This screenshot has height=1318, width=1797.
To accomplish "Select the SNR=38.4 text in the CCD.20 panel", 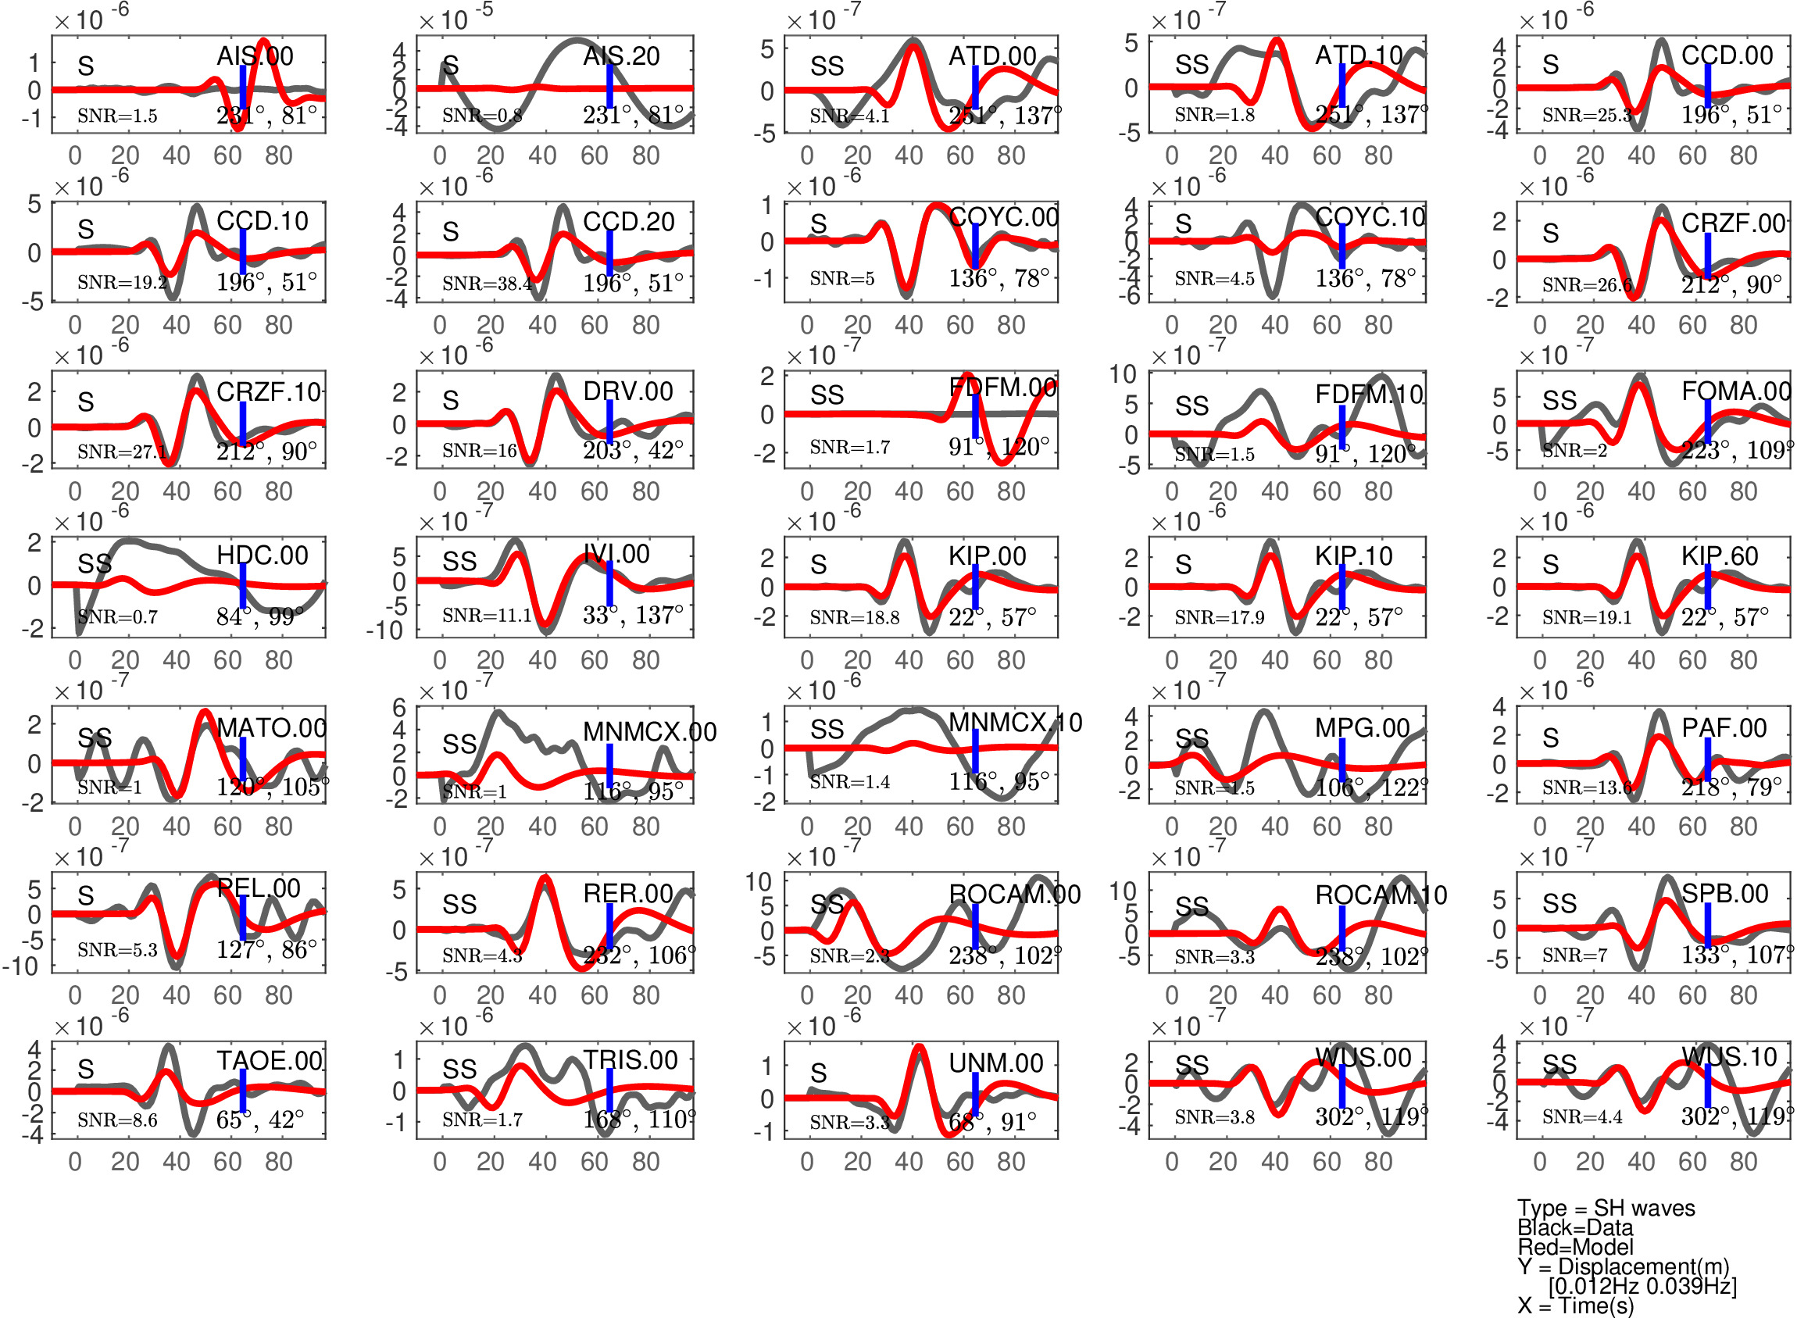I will click(487, 284).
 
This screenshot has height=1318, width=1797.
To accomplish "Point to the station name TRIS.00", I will click(631, 1060).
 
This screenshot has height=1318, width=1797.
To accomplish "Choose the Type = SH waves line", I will click(1606, 1208).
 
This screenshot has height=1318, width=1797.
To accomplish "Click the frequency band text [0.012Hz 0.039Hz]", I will click(1642, 1286).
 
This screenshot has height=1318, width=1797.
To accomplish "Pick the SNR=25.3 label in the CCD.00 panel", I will click(1586, 116).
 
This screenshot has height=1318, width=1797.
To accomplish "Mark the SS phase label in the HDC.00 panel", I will click(95, 564).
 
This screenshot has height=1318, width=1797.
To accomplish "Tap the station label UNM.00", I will click(996, 1063).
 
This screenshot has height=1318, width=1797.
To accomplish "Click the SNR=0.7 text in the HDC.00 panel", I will click(117, 616).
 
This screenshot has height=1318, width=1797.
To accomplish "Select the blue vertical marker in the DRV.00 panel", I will click(609, 421).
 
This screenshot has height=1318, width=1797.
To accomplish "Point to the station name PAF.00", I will click(1724, 727).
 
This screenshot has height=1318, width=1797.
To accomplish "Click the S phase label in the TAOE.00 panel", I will click(85, 1069).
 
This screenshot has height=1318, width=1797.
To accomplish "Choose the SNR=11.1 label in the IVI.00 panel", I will click(487, 615).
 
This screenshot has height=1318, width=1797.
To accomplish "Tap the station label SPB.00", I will click(1724, 894).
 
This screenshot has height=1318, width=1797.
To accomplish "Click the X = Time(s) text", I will click(1575, 1305).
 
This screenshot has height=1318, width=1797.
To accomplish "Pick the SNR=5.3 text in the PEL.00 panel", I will click(117, 950).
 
